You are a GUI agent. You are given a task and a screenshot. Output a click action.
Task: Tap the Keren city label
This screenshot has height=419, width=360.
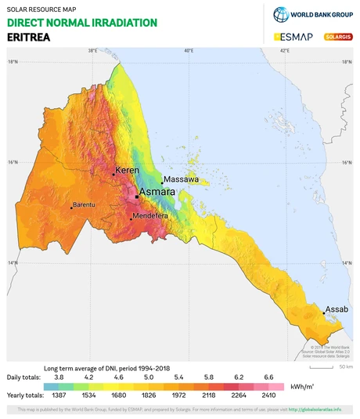pyautogui.click(x=127, y=170)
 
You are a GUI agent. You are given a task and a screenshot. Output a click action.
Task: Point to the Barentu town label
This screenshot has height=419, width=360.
pyautogui.click(x=84, y=205)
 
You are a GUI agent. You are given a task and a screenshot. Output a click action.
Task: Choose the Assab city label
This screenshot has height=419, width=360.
pyautogui.click(x=337, y=309)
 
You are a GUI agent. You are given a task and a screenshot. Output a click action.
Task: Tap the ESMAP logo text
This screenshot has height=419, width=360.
pyautogui.click(x=294, y=37)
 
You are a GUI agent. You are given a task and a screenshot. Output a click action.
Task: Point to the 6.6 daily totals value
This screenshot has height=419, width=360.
pyautogui.click(x=268, y=377)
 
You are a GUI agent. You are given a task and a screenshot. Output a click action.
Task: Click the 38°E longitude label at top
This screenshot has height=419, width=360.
pyautogui.click(x=92, y=51)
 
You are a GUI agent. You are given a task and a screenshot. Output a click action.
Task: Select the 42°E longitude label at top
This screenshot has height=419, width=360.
pyautogui.click(x=285, y=51)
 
